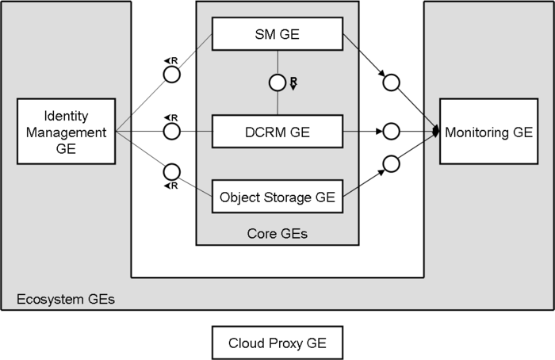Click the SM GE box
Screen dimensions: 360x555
point(277,34)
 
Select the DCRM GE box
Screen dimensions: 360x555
point(277,132)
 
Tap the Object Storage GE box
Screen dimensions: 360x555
point(277,197)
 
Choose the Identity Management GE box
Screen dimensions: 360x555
point(66,132)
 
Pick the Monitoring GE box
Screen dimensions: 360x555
point(488,132)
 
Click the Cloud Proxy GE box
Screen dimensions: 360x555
point(277,343)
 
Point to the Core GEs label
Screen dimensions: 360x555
point(277,234)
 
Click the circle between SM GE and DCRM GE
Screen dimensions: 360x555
point(277,82)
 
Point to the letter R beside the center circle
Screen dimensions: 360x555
point(293,82)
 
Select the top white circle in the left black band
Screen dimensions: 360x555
point(171,75)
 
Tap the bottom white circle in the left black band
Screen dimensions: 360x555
point(171,171)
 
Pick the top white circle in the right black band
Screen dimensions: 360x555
point(390,82)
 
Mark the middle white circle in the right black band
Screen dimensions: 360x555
point(390,131)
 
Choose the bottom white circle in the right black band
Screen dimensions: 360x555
point(390,163)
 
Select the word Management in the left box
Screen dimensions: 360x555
point(66,132)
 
